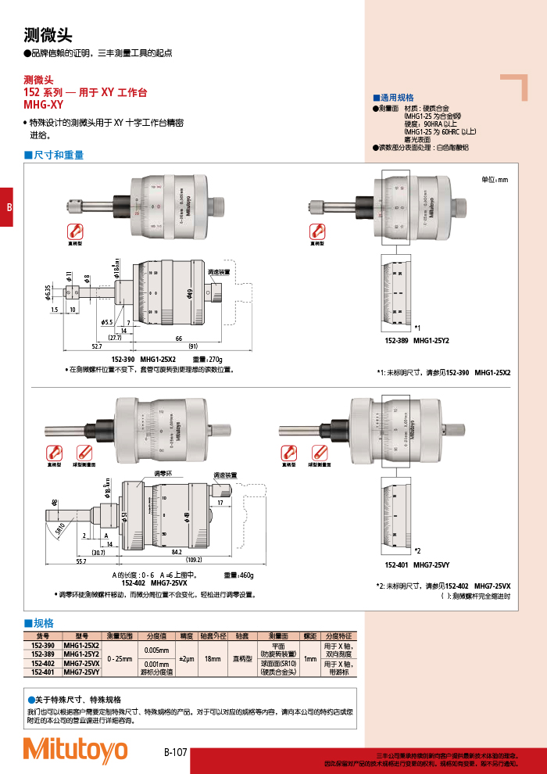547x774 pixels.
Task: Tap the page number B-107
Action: [x=175, y=752]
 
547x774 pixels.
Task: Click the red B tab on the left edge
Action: [x=7, y=207]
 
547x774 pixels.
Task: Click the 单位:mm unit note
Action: [x=494, y=180]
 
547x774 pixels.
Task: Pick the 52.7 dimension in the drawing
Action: [x=96, y=346]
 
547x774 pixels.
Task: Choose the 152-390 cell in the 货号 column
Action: [x=43, y=645]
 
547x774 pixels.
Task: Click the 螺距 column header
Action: [x=310, y=636]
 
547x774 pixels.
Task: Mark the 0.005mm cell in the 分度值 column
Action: [x=156, y=650]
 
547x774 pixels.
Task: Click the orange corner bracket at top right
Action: [x=515, y=86]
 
